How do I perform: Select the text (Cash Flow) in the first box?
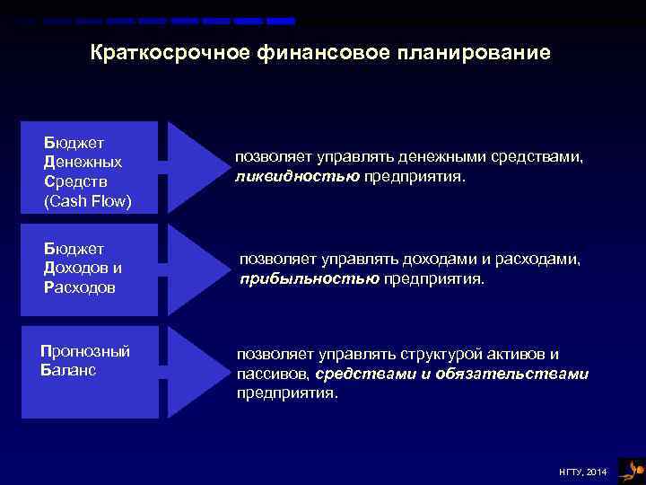click(x=88, y=201)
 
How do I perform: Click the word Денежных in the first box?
click(x=83, y=163)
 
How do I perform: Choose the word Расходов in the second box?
click(x=80, y=287)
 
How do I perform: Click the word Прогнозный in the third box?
click(x=85, y=351)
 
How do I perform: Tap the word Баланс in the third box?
click(x=68, y=370)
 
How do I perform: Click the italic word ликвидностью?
click(x=297, y=176)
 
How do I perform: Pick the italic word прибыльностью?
click(x=310, y=278)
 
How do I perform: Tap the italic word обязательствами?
click(x=512, y=374)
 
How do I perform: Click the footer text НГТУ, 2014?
click(x=582, y=472)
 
